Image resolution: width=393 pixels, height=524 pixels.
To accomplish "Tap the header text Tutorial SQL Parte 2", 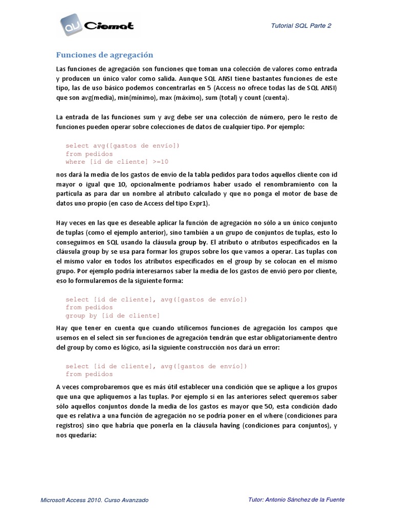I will (x=301, y=26).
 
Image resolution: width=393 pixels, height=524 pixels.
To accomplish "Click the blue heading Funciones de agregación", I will (x=104, y=55).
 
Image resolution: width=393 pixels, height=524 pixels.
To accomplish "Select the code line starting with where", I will (x=117, y=162).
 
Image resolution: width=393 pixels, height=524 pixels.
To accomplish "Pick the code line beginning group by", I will (x=113, y=316).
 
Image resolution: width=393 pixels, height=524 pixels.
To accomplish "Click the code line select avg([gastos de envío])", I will (x=122, y=145).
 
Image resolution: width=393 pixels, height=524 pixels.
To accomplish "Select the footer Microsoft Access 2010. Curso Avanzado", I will (x=95, y=500).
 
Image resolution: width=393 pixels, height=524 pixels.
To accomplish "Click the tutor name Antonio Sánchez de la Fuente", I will (x=305, y=499).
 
